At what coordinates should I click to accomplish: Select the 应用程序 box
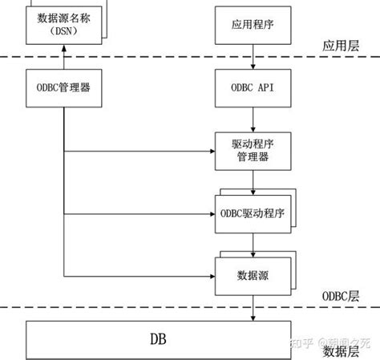(253, 24)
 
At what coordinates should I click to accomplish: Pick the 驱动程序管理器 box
(253, 151)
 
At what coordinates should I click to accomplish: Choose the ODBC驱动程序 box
(253, 214)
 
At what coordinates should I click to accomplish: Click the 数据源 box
(253, 275)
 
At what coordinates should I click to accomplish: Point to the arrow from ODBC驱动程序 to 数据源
(253, 244)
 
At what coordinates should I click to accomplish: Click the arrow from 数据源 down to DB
(253, 308)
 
